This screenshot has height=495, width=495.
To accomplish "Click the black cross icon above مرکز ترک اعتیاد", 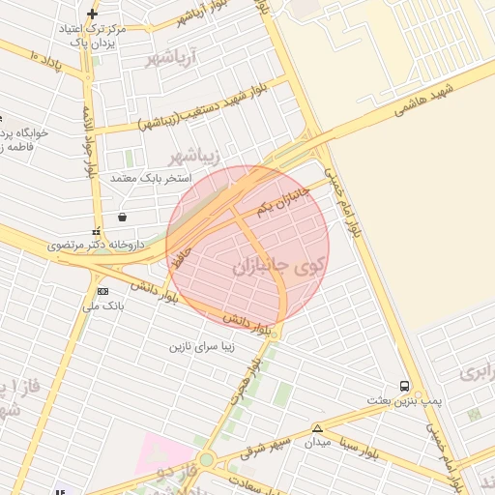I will coord(92,14).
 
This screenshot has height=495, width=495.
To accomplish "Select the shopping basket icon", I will coord(121,217).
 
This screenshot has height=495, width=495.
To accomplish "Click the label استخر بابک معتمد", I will coord(151,179).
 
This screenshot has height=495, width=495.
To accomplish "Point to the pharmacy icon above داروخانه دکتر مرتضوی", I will coord(95,233).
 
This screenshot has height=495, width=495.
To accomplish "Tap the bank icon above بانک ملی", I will coord(102,291).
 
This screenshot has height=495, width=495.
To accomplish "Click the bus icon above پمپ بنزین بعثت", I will coord(404,385).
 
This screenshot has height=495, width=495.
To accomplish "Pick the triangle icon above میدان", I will coord(317,428).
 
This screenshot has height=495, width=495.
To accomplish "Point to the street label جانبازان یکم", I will coord(283,200).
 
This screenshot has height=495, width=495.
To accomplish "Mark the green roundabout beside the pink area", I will coord(206,459).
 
